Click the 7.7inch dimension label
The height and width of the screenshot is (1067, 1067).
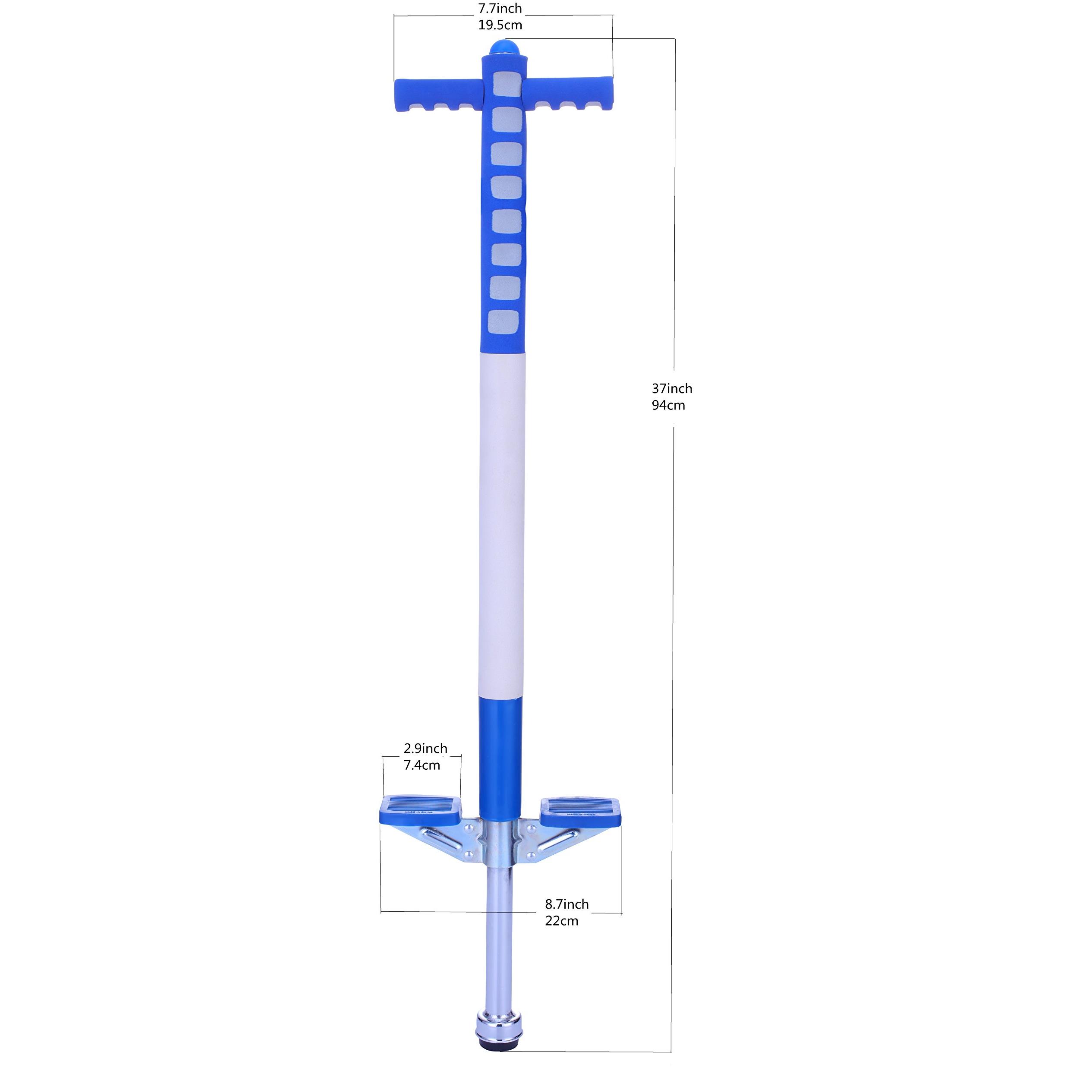[500, 8]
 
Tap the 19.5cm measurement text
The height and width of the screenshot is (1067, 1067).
[500, 25]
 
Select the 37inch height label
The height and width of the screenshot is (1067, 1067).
[672, 388]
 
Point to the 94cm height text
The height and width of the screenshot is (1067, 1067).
[668, 406]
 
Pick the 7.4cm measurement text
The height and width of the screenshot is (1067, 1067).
[422, 765]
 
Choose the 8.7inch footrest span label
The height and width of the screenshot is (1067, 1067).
[567, 904]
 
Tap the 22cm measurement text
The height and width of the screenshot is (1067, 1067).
[562, 921]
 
